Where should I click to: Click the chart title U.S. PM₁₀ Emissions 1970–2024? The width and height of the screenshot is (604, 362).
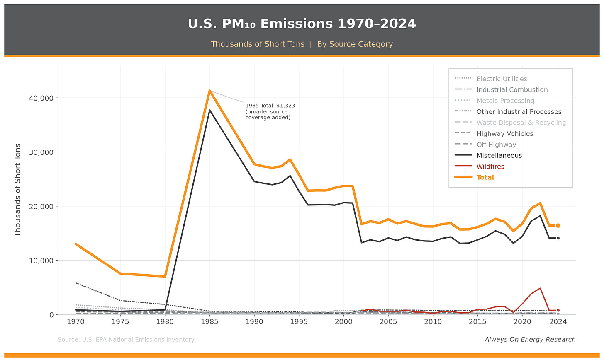(x=302, y=24)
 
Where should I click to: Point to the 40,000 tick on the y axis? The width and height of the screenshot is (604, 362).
(x=41, y=98)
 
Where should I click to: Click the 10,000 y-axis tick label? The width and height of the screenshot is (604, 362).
(x=41, y=261)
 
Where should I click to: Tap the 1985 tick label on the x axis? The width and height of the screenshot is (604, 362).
(x=209, y=322)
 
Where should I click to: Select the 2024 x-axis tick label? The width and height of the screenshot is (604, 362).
(x=558, y=322)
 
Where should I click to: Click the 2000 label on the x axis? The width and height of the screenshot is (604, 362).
(x=343, y=322)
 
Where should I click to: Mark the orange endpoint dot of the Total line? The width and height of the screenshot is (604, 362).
(x=558, y=226)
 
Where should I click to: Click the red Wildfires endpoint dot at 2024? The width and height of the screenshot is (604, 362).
(x=558, y=310)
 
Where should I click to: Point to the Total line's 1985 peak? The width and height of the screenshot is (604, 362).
(x=209, y=91)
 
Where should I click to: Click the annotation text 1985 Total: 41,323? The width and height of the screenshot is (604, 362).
(x=270, y=106)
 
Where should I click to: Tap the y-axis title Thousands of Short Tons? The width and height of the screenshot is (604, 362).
(x=18, y=190)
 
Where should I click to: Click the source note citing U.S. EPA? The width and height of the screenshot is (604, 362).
(x=126, y=340)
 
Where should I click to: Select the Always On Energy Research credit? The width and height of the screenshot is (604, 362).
(x=530, y=340)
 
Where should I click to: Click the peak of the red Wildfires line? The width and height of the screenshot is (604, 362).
(x=540, y=288)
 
